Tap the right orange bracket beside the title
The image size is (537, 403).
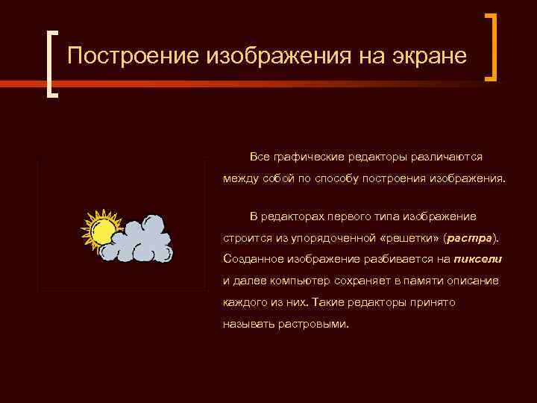point(491,46)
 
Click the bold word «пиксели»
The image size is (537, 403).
point(477,259)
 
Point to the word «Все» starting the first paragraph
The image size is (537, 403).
point(260,157)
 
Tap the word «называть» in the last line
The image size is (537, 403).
point(246,325)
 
